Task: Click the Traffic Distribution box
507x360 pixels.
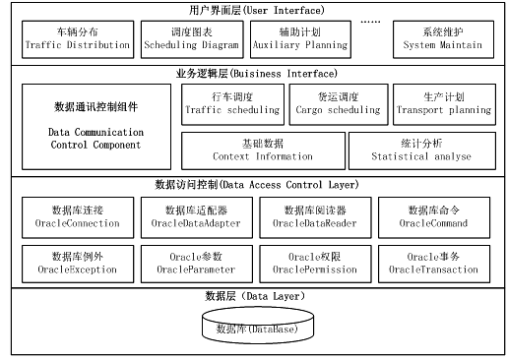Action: click(77, 39)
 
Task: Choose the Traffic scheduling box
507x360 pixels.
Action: click(231, 104)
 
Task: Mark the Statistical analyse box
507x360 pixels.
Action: click(419, 150)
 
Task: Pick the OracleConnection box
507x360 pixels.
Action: click(78, 217)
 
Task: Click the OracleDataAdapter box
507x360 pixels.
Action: click(196, 217)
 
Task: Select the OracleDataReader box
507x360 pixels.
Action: click(315, 217)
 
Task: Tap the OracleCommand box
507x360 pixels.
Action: click(434, 217)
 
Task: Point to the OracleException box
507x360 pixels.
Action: click(78, 263)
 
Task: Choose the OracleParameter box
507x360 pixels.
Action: click(196, 263)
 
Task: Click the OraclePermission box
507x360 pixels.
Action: click(315, 263)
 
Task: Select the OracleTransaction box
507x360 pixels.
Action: click(434, 263)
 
